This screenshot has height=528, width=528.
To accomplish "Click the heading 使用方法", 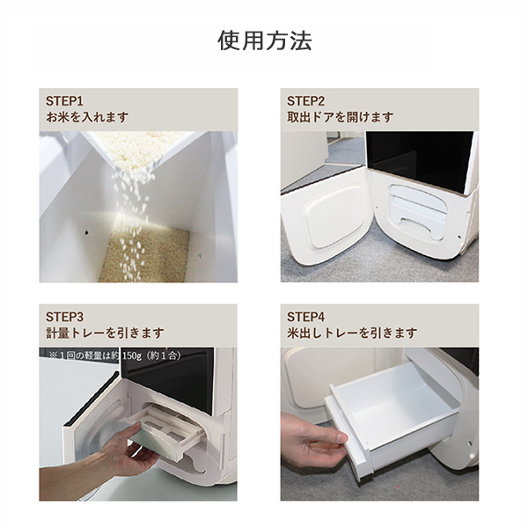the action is (x=265, y=40).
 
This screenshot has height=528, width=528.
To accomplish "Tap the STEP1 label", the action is (x=64, y=101).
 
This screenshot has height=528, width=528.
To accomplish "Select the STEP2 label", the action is (x=305, y=101).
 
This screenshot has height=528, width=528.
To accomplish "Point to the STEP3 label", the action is (x=64, y=317).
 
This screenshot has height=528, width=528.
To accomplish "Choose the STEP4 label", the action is (x=305, y=317).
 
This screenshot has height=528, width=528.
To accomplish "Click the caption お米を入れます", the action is (x=87, y=117).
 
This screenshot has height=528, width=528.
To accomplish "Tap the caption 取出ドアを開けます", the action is (x=340, y=117).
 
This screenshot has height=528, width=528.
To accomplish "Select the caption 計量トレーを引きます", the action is (x=105, y=333).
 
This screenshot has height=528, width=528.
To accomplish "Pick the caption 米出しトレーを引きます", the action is (x=352, y=333).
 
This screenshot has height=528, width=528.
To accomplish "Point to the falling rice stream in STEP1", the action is (x=131, y=216).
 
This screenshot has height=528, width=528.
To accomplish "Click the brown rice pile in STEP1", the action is (x=145, y=256).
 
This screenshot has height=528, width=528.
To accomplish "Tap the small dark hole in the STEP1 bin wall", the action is (x=86, y=232).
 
